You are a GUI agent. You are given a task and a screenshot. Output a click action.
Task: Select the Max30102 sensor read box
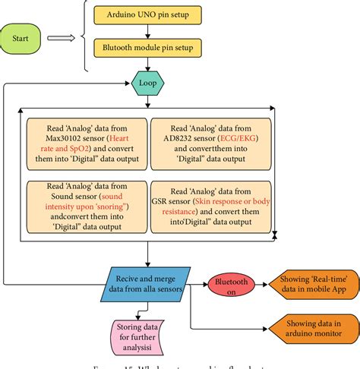pos(84,144)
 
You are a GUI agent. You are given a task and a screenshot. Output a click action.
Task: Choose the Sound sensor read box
pos(84,205)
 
